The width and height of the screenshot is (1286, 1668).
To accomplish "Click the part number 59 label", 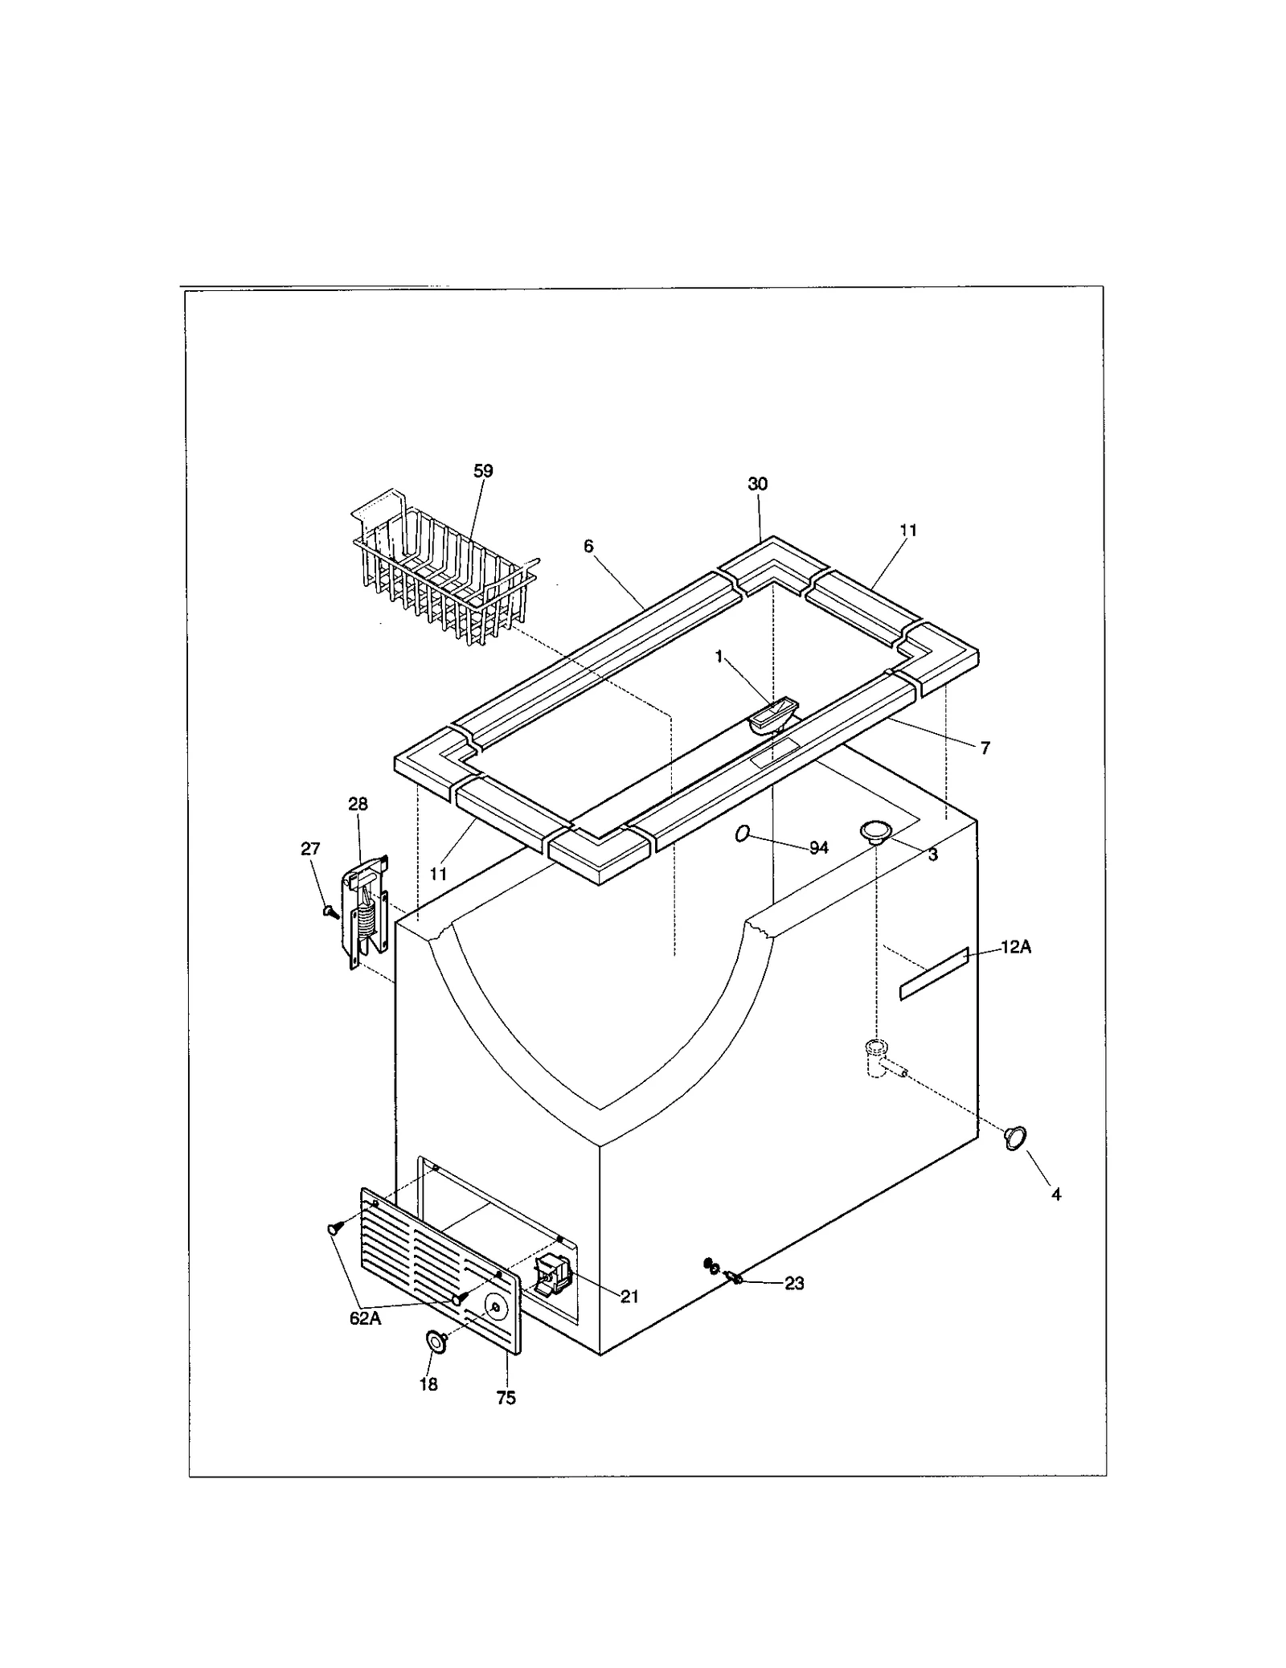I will [x=483, y=471].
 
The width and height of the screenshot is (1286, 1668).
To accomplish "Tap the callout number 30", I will [x=757, y=484].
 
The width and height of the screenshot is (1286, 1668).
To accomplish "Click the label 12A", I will [x=1016, y=948].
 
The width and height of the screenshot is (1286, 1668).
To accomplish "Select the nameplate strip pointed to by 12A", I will [x=934, y=973].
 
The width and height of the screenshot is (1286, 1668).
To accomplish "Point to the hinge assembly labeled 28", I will [x=367, y=908].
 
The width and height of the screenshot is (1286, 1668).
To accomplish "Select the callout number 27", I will [x=310, y=849].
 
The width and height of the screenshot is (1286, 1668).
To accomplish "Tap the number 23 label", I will [x=794, y=1284].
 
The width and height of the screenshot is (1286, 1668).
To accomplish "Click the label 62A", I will [x=365, y=1341].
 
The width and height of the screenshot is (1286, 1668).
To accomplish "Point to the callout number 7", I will [x=985, y=748].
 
